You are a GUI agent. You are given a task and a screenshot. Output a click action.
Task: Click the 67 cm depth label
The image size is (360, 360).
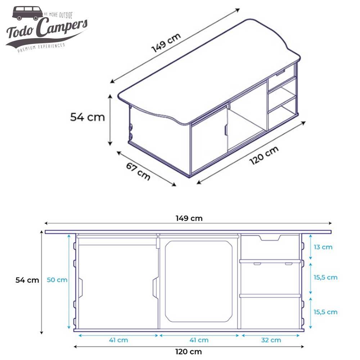138,171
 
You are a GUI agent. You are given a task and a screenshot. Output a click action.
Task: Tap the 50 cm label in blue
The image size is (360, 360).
57,280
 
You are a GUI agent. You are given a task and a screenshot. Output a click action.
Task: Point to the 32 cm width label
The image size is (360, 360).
271,340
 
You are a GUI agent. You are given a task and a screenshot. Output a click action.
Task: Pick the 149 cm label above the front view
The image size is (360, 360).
189,218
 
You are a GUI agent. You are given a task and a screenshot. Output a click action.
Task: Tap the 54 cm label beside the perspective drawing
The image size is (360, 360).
87,117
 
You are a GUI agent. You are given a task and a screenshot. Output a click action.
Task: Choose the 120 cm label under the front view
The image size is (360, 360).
189,352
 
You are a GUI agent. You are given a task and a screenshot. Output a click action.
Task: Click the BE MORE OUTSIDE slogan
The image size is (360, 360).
58,15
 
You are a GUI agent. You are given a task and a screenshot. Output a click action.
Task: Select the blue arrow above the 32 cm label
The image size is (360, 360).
271,335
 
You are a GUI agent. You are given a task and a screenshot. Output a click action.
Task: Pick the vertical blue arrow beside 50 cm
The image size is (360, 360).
69,281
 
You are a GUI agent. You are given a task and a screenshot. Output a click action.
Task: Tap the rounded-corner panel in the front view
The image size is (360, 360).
198,281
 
